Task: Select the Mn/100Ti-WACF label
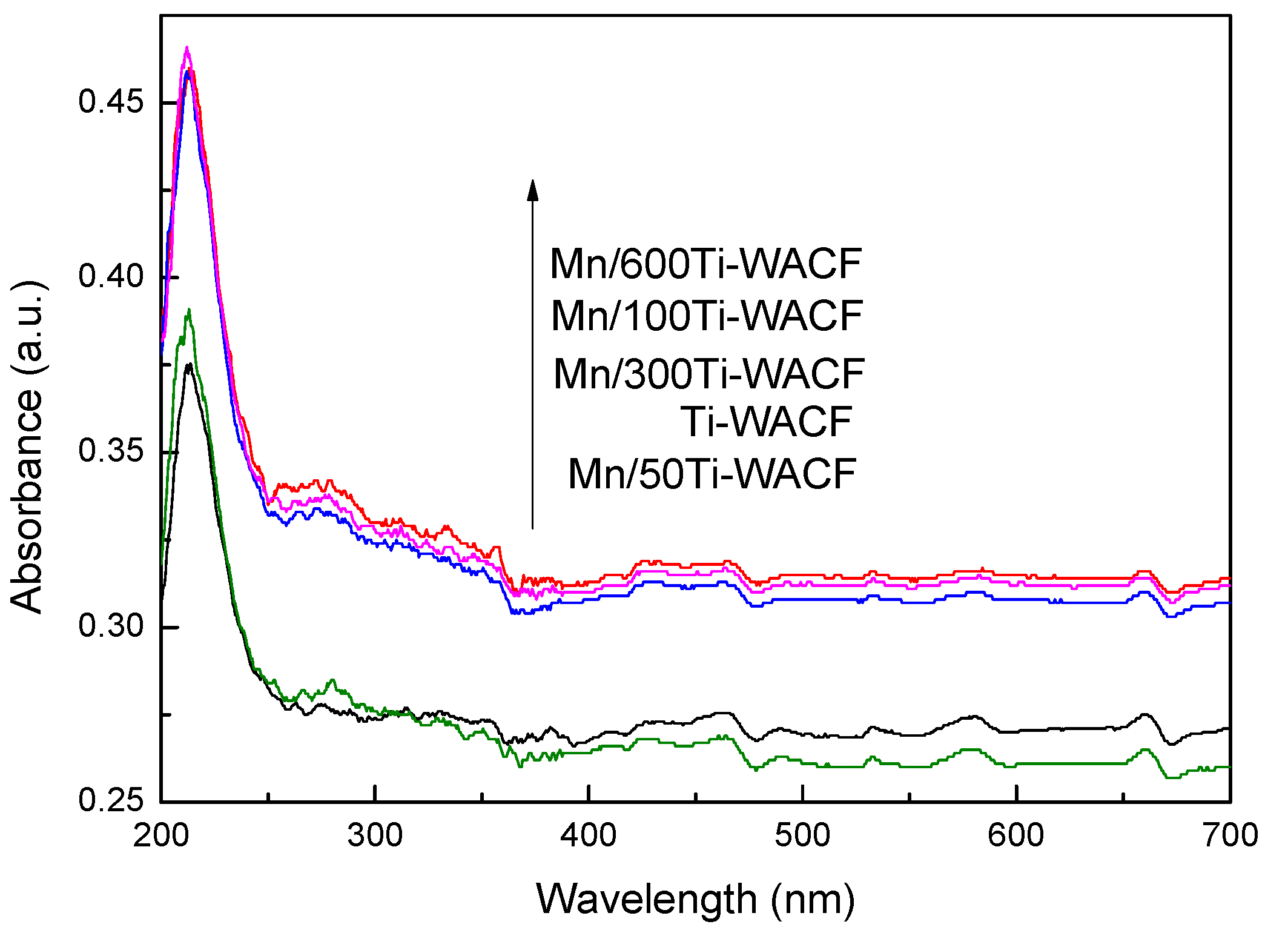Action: click(707, 316)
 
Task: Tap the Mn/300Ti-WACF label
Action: click(708, 374)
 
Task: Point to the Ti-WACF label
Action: click(766, 422)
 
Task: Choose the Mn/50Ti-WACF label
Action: click(712, 474)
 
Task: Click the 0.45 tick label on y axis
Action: click(102, 101)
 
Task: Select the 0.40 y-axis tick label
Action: click(102, 276)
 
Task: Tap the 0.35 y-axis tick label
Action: click(102, 451)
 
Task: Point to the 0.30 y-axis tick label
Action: click(102, 626)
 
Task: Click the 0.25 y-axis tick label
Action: click(102, 800)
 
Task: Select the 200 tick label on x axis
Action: click(161, 835)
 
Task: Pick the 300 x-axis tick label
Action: click(375, 835)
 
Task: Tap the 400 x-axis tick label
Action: click(589, 835)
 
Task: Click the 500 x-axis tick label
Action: click(802, 835)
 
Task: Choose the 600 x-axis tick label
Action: click(1015, 835)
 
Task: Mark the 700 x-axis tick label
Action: click(1229, 835)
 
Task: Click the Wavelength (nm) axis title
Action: click(695, 899)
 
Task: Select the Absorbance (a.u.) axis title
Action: click(27, 447)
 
